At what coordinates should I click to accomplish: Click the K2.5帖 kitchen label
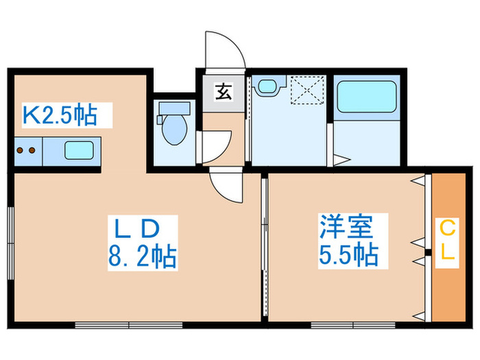(x=59, y=115)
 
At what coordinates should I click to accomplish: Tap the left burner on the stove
(x=21, y=149)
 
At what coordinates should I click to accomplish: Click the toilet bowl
(x=173, y=128)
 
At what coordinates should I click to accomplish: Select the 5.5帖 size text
(x=348, y=255)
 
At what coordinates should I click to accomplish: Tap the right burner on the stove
(x=32, y=149)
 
